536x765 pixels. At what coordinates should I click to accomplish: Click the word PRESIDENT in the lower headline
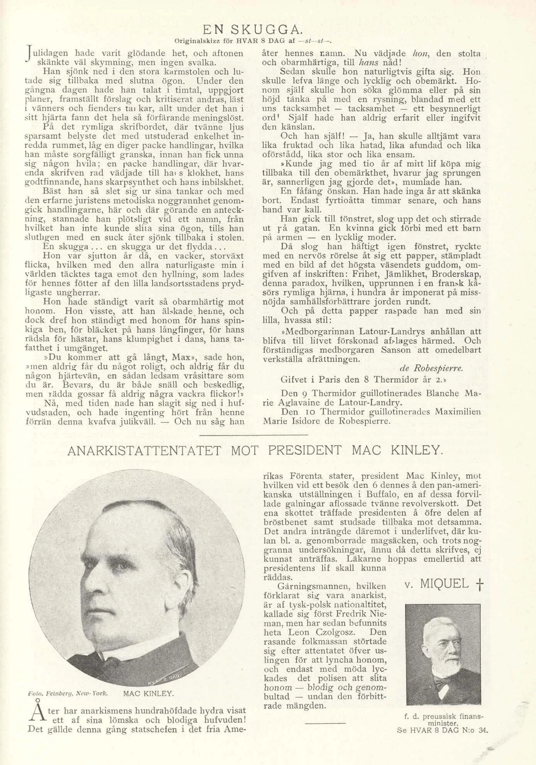(x=305, y=451)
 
